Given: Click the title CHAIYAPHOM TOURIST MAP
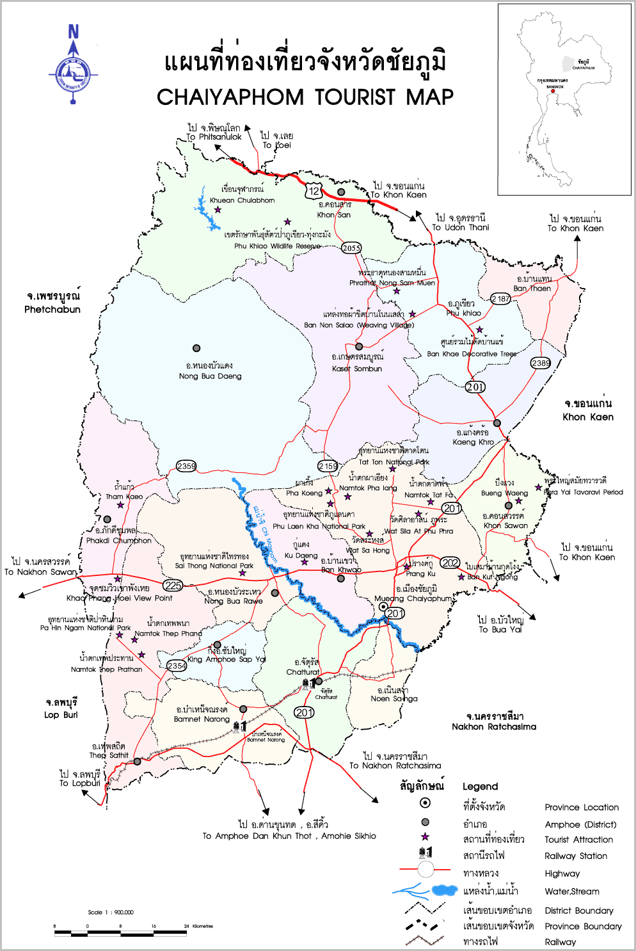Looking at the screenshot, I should (305, 97).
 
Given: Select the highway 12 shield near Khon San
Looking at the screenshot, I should (314, 191).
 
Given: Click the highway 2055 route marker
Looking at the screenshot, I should (351, 248).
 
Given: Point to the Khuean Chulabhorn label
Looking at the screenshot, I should (242, 200).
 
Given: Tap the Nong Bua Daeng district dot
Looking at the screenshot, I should (196, 348).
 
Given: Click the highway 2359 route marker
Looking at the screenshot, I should (186, 466).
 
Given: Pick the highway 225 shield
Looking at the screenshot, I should (173, 585).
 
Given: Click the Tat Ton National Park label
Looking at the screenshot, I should (394, 461).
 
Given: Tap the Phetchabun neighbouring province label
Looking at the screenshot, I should (52, 309).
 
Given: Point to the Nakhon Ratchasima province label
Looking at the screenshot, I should (494, 726).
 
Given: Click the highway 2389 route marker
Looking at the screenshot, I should (541, 363).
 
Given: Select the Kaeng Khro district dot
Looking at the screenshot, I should (497, 423).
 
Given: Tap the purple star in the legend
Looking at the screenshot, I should (425, 837).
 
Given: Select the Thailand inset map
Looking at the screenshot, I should (564, 99).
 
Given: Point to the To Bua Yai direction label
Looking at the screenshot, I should (500, 629).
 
